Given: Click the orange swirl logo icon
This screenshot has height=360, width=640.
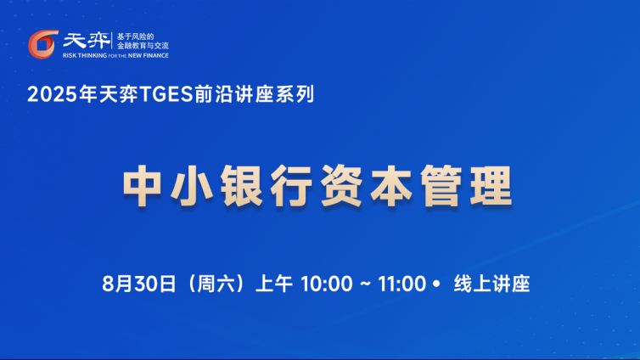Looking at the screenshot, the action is tap(42, 44).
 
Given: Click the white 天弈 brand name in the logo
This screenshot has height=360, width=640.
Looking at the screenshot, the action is tap(86, 41).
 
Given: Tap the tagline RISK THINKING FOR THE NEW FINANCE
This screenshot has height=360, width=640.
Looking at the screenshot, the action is tap(115, 55).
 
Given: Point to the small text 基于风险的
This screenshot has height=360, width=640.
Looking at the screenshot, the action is tap(135, 37).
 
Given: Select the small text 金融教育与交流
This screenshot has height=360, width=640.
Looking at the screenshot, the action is tap(143, 46).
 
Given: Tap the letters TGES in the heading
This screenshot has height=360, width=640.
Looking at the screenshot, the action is tap(166, 94).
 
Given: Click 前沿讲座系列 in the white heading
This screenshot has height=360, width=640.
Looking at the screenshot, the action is tap(254, 94).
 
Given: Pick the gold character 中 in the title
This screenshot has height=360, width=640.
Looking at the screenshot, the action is tap(142, 186).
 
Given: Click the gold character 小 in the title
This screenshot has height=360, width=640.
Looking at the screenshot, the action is tap(193, 186).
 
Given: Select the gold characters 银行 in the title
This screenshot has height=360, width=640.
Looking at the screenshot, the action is tap(267, 186).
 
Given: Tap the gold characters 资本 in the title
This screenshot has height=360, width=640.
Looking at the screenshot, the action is tap(366, 186).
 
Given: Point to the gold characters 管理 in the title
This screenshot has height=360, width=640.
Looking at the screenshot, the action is tap(466, 186).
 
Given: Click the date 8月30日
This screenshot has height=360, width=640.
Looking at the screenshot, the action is tap(139, 284).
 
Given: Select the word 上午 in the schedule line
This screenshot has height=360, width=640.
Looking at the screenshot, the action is tap(274, 284).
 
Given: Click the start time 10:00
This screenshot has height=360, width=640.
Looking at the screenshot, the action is tap(327, 284).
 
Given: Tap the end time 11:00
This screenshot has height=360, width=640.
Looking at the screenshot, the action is tap(402, 284).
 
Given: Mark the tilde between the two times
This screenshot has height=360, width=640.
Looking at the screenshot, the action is tap(365, 284).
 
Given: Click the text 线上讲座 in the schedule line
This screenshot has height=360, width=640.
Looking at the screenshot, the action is tap(491, 284).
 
